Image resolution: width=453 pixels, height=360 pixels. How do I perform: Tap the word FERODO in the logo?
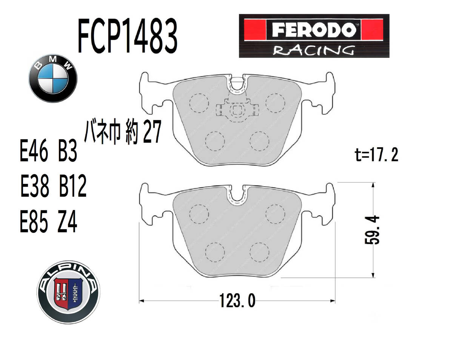[314, 30]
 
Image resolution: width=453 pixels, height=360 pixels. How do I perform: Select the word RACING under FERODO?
[314, 50]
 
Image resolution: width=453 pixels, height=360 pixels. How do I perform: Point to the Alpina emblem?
[68, 292]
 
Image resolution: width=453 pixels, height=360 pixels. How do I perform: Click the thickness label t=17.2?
[376, 155]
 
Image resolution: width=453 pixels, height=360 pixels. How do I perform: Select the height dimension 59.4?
[372, 230]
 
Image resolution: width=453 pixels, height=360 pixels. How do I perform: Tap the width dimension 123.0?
[237, 301]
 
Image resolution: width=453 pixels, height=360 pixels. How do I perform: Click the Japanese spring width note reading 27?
[123, 132]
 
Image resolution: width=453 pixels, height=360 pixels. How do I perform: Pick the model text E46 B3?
[49, 151]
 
